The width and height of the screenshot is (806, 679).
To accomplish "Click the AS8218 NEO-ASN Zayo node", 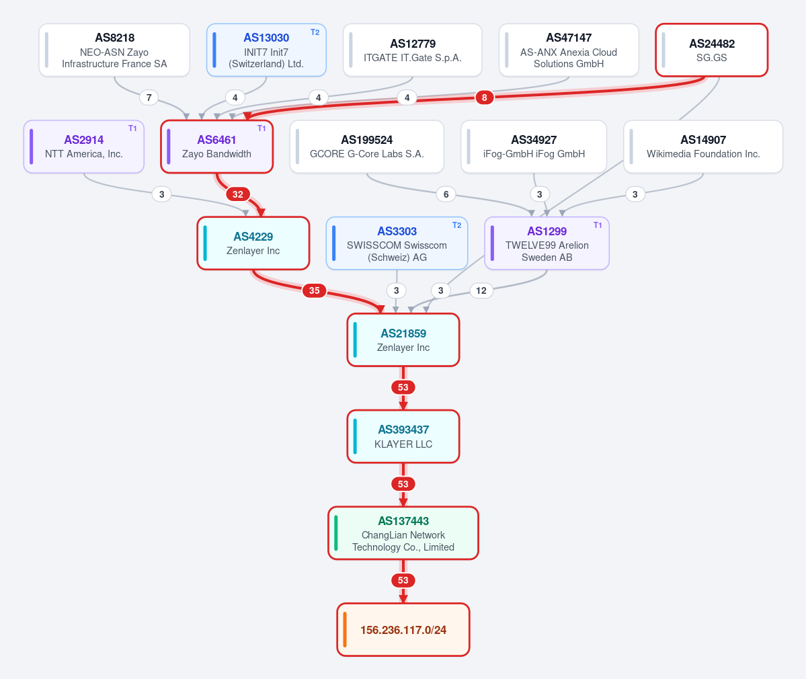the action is pyautogui.click(x=114, y=50).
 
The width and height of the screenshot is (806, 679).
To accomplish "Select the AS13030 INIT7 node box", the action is pyautogui.click(x=266, y=50).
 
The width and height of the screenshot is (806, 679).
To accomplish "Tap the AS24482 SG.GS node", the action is pyautogui.click(x=711, y=50).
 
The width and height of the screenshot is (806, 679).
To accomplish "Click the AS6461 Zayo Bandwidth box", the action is pyautogui.click(x=217, y=147).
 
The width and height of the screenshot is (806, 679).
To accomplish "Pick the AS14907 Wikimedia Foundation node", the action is pyautogui.click(x=703, y=147).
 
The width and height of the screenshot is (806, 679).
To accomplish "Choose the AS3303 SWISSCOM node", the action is pyautogui.click(x=397, y=243).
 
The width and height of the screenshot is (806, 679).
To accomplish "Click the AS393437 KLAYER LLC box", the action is pyautogui.click(x=403, y=436).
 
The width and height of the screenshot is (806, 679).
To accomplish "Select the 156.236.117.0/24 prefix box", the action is pyautogui.click(x=403, y=630).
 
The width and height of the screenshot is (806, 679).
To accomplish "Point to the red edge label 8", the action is pyautogui.click(x=484, y=97).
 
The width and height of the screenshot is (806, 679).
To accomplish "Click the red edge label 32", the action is pyautogui.click(x=237, y=194).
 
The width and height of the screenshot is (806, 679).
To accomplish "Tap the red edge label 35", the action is pyautogui.click(x=314, y=290).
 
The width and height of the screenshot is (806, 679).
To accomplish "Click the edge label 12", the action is pyautogui.click(x=481, y=290).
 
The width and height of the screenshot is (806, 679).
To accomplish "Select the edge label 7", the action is pyautogui.click(x=149, y=97).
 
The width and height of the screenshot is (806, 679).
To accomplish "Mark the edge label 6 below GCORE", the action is pyautogui.click(x=446, y=194).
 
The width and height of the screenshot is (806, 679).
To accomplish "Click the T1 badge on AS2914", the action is pyautogui.click(x=132, y=128).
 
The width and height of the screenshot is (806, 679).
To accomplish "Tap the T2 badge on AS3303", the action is pyautogui.click(x=456, y=225).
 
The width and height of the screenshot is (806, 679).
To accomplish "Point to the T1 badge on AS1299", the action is pyautogui.click(x=598, y=225).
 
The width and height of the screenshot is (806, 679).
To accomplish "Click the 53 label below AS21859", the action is pyautogui.click(x=403, y=387).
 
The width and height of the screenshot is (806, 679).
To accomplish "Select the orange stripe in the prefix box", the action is pyautogui.click(x=344, y=630).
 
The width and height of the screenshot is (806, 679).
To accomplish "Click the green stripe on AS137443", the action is pyautogui.click(x=335, y=533).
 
